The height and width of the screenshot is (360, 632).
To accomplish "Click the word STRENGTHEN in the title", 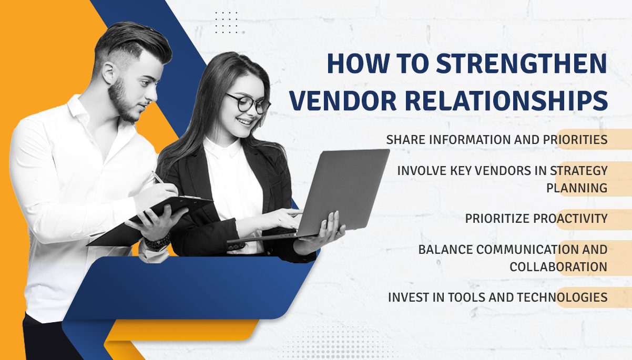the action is (x=522, y=64).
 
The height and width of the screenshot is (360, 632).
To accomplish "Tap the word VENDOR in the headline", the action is (x=343, y=100).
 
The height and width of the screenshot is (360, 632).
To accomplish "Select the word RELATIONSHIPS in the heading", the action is (x=506, y=100).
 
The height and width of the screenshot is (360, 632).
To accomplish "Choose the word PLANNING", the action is (x=577, y=188).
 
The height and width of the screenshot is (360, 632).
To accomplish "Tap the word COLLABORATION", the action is (x=558, y=266).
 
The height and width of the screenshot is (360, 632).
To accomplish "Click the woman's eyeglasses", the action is (x=248, y=103).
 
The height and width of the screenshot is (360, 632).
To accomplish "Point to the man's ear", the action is (x=109, y=73).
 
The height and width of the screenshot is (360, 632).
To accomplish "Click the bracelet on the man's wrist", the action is (x=157, y=243).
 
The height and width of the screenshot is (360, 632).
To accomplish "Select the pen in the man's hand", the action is (x=157, y=177).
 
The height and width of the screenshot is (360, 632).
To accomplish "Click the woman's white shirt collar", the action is (x=223, y=148).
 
